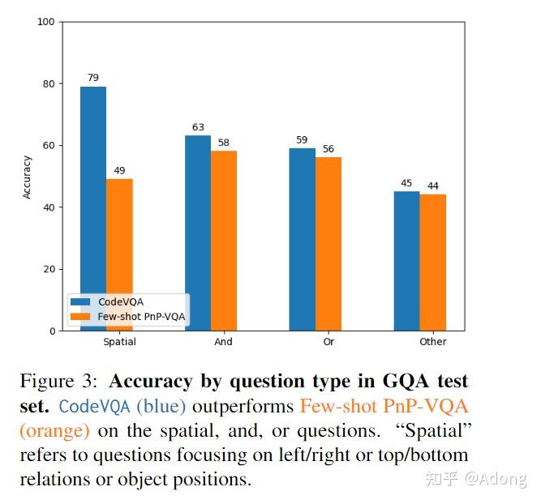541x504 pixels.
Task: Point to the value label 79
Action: [x=92, y=78]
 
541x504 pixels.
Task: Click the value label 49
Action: [x=119, y=170]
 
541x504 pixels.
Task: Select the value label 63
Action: [x=197, y=127]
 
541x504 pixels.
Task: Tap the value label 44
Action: [x=433, y=186]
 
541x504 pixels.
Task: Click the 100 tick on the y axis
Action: [x=45, y=22]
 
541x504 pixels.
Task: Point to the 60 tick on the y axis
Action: [x=48, y=146]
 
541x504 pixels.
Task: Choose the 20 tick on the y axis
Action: [x=48, y=269]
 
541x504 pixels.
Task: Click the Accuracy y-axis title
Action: [x=27, y=177]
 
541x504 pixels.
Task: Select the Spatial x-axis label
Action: [x=119, y=342]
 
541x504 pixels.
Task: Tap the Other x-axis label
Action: [x=433, y=342]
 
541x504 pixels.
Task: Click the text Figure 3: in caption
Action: [x=60, y=381]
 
